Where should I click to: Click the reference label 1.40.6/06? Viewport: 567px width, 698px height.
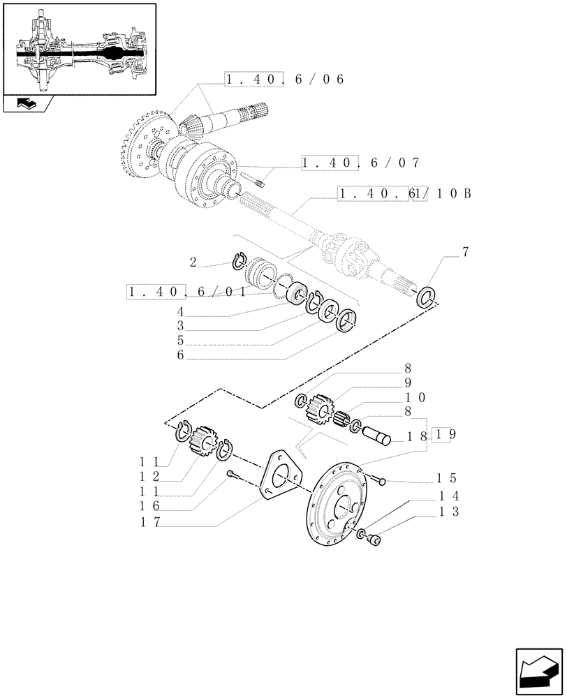285,80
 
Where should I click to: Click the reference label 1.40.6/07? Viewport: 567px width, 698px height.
360,163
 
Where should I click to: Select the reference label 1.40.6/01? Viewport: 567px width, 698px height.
187,291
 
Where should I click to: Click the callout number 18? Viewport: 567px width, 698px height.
418,436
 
